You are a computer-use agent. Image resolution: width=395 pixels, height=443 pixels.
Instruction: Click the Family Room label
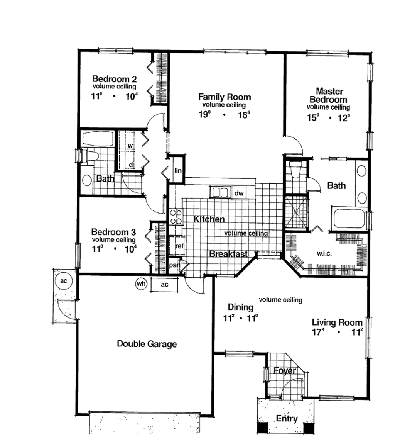point(224,97)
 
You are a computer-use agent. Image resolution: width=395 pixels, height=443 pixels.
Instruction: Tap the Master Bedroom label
point(329,95)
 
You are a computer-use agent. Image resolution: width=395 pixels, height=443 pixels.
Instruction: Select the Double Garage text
point(147,344)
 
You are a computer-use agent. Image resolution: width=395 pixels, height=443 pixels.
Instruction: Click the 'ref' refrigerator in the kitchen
point(179,246)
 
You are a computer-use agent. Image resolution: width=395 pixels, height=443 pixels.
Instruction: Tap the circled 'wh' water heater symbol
point(141,284)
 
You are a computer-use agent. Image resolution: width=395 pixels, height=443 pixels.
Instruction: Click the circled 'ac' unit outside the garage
point(63,281)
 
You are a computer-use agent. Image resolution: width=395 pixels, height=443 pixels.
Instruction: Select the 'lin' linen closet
point(178,171)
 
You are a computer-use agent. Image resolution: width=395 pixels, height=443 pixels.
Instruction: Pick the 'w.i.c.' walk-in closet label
point(325,254)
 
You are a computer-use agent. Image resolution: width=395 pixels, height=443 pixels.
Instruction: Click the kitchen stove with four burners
point(176,216)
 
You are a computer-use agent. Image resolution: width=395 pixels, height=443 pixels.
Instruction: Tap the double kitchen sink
point(219,192)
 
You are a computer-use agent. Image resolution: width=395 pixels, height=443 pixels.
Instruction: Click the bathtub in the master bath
point(349,219)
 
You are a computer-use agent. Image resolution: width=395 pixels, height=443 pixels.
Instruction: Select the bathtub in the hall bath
point(97,139)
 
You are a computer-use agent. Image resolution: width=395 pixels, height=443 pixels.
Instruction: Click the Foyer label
point(285,371)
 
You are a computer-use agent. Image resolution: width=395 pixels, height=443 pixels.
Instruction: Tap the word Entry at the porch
point(286,419)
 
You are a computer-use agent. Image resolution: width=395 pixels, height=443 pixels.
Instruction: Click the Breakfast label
point(228,254)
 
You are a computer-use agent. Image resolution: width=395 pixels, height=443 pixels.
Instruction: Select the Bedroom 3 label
point(113,232)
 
